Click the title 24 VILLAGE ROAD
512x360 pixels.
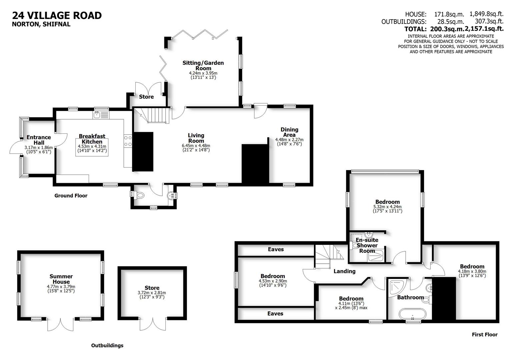(x=57, y=15)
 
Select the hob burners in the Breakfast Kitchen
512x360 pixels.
(x=128, y=141)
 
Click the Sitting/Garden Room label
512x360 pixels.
(x=203, y=65)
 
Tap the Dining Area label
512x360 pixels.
(x=289, y=132)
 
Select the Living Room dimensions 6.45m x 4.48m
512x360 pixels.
(x=196, y=146)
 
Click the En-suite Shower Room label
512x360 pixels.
(x=367, y=245)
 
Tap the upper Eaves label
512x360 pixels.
(x=276, y=249)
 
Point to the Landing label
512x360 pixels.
(x=344, y=271)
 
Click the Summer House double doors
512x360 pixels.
(x=60, y=324)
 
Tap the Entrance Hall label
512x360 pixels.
(x=39, y=140)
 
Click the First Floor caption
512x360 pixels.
(x=484, y=335)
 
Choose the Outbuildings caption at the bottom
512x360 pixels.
(x=107, y=345)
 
